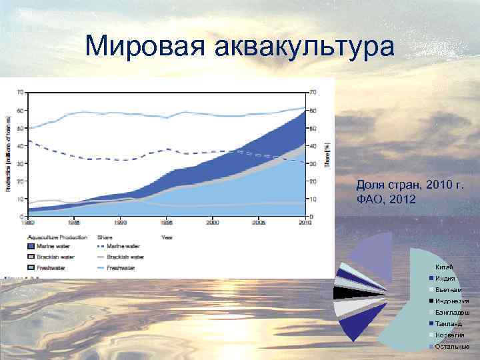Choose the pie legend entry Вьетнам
[x=448, y=290]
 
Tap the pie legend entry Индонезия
[x=452, y=301]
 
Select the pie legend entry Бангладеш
[x=452, y=312]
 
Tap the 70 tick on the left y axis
[x=21, y=91]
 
